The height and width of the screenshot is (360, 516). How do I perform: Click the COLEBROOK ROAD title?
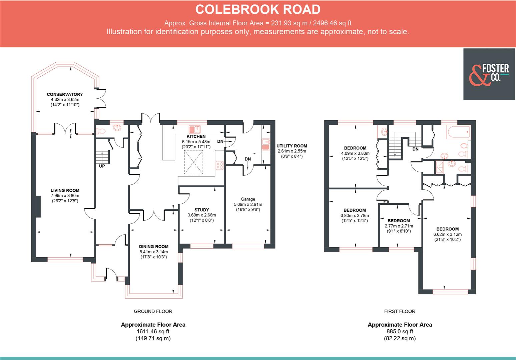257,9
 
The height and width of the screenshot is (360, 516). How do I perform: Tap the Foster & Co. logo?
489,74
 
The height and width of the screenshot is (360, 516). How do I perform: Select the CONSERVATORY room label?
65,94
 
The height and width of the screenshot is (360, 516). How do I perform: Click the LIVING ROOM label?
65,190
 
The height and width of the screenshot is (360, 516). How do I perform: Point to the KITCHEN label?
196,136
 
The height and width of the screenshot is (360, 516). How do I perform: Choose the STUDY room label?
201,210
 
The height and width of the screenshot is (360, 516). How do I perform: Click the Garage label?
248,199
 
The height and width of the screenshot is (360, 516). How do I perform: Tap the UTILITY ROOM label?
292,146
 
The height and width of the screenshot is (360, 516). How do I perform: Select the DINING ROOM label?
153,247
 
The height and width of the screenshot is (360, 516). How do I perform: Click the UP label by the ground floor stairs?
102,166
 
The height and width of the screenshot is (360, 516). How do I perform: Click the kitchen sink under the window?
195,129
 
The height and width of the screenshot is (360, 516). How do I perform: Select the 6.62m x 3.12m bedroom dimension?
447,234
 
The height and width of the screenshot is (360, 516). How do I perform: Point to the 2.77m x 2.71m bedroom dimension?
399,226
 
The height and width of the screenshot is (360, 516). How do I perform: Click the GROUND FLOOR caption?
153,311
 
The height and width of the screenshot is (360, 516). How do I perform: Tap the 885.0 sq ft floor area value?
400,331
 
